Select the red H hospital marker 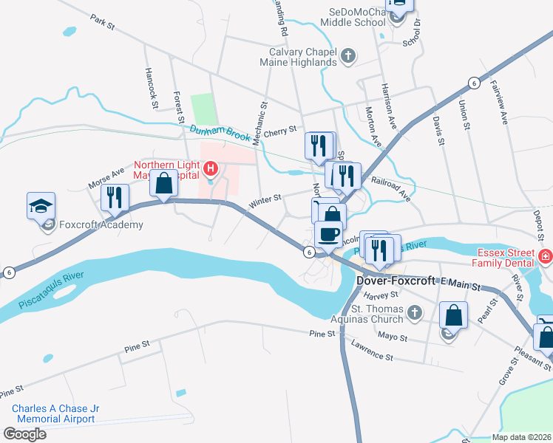(x=211, y=170)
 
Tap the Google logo (x=24, y=434)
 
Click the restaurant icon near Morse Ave (x=115, y=197)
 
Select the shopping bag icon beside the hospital (x=164, y=183)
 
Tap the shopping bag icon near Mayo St (x=454, y=315)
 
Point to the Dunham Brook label (x=220, y=132)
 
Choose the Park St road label (x=103, y=21)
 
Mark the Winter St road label (x=266, y=199)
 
